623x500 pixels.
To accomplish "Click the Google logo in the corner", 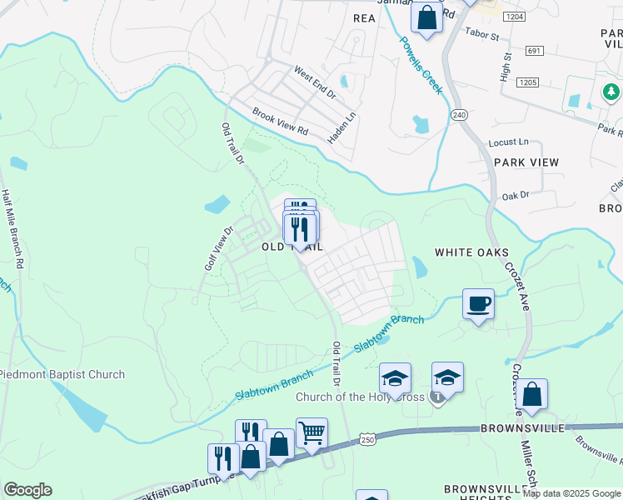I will pyautogui.click(x=27, y=490).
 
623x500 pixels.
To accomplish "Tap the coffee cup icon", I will pyautogui.click(x=478, y=304).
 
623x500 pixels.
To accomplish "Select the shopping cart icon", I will pyautogui.click(x=311, y=432).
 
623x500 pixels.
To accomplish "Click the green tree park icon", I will pyautogui.click(x=611, y=90).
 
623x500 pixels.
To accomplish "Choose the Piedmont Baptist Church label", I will pyautogui.click(x=62, y=375).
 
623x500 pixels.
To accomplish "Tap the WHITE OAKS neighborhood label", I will pyautogui.click(x=471, y=252).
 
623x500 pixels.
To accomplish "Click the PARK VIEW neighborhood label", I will pyautogui.click(x=526, y=162).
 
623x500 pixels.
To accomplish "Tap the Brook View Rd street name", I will pyautogui.click(x=280, y=125).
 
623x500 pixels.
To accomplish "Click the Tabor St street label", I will pyautogui.click(x=481, y=37).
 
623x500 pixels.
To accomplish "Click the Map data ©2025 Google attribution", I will pyautogui.click(x=571, y=493).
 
